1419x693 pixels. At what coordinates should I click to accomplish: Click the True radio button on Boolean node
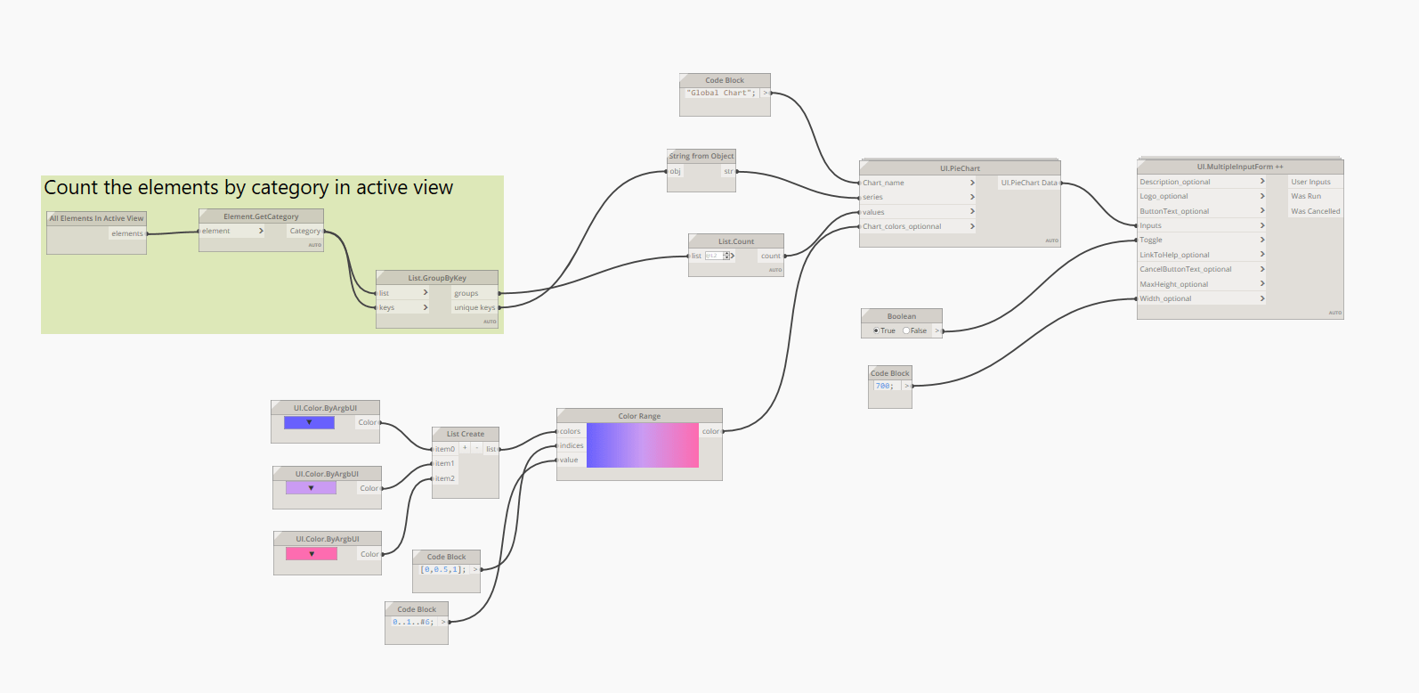pyautogui.click(x=876, y=330)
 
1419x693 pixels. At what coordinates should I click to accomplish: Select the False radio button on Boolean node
pyautogui.click(x=906, y=330)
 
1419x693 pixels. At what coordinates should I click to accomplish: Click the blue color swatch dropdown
pyautogui.click(x=309, y=423)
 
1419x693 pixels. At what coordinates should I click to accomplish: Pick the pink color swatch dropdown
pyautogui.click(x=312, y=554)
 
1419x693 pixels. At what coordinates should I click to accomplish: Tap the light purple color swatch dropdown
pyautogui.click(x=311, y=488)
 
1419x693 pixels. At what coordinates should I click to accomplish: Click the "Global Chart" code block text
pyautogui.click(x=720, y=93)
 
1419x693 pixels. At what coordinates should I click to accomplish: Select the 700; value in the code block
pyautogui.click(x=884, y=386)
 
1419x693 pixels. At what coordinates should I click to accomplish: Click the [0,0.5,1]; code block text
pyautogui.click(x=442, y=569)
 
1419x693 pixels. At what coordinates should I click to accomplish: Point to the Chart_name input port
pyautogui.click(x=883, y=183)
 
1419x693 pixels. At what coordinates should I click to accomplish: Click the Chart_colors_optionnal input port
pyautogui.click(x=901, y=226)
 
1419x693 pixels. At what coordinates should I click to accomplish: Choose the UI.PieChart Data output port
pyautogui.click(x=1029, y=183)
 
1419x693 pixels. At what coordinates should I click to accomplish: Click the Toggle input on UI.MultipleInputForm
pyautogui.click(x=1151, y=240)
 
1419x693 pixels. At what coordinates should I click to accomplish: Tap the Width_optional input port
pyautogui.click(x=1165, y=298)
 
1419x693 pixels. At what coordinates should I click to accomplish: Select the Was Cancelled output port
pyautogui.click(x=1315, y=211)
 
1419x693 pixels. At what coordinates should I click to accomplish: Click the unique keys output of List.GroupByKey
pyautogui.click(x=474, y=307)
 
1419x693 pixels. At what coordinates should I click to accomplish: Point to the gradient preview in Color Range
pyautogui.click(x=643, y=445)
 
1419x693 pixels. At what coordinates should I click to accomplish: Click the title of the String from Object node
pyautogui.click(x=701, y=156)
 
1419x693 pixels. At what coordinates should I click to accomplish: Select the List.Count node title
pyautogui.click(x=736, y=241)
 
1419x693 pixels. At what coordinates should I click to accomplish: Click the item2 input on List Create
pyautogui.click(x=444, y=478)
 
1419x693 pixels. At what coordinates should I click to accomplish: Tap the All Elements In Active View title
pyautogui.click(x=96, y=218)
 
